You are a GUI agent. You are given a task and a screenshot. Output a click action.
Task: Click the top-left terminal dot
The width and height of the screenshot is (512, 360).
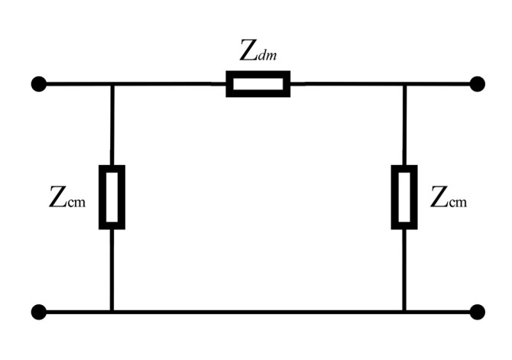38,83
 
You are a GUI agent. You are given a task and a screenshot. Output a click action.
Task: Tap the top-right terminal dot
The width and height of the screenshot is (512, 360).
478,83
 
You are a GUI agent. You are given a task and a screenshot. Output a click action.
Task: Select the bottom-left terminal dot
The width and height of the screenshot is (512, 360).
38,312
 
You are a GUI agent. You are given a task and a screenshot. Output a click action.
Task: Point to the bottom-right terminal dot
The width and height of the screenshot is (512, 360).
478,312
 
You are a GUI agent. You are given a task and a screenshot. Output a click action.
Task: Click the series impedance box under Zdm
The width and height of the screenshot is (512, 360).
258,83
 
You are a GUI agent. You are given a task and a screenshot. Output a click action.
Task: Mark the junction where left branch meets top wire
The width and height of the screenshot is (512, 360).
112,83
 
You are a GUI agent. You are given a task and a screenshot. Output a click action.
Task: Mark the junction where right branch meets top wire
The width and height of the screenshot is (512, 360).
404,83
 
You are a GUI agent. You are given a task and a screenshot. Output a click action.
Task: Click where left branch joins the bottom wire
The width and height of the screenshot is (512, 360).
112,312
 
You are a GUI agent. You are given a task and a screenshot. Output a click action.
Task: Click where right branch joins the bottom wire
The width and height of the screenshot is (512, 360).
404,312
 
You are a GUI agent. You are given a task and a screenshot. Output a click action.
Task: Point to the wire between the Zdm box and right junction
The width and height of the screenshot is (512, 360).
348,83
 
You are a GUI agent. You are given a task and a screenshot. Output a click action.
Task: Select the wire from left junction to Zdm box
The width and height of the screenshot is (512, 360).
168,83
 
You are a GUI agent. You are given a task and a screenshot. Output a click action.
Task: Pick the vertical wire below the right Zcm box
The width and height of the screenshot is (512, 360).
404,270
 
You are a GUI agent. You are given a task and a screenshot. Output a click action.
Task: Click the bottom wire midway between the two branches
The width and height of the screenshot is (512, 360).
258,312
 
